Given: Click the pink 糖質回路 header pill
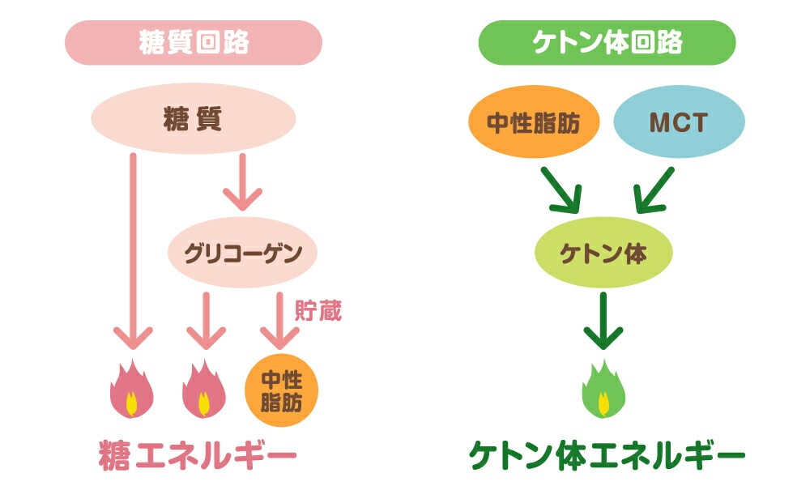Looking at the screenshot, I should pyautogui.click(x=194, y=43).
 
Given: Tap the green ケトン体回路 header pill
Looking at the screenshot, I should pyautogui.click(x=607, y=43).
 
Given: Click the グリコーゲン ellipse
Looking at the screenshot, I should pyautogui.click(x=242, y=254).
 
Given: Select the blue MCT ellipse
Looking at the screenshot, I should pyautogui.click(x=679, y=123).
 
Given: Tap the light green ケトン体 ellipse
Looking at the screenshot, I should pyautogui.click(x=603, y=254).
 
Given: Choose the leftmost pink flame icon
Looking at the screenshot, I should pyautogui.click(x=132, y=389).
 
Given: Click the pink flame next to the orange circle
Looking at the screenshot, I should pyautogui.click(x=203, y=389).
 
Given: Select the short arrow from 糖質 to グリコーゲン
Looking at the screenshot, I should pyautogui.click(x=242, y=182).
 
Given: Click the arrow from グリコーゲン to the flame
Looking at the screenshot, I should pyautogui.click(x=204, y=320).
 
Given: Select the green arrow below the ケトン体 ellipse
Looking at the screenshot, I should pyautogui.click(x=603, y=320).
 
